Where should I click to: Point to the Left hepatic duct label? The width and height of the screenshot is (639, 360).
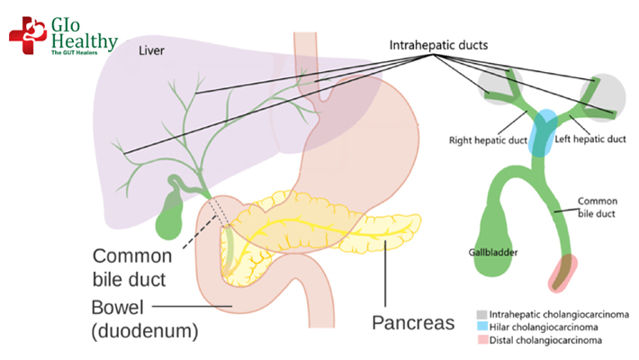tap(587, 139)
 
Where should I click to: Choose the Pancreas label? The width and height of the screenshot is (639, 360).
tap(413, 321)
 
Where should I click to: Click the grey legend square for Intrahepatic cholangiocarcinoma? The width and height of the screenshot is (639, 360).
tap(481, 314)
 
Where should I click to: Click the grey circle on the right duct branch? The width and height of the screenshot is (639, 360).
tap(604, 92)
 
